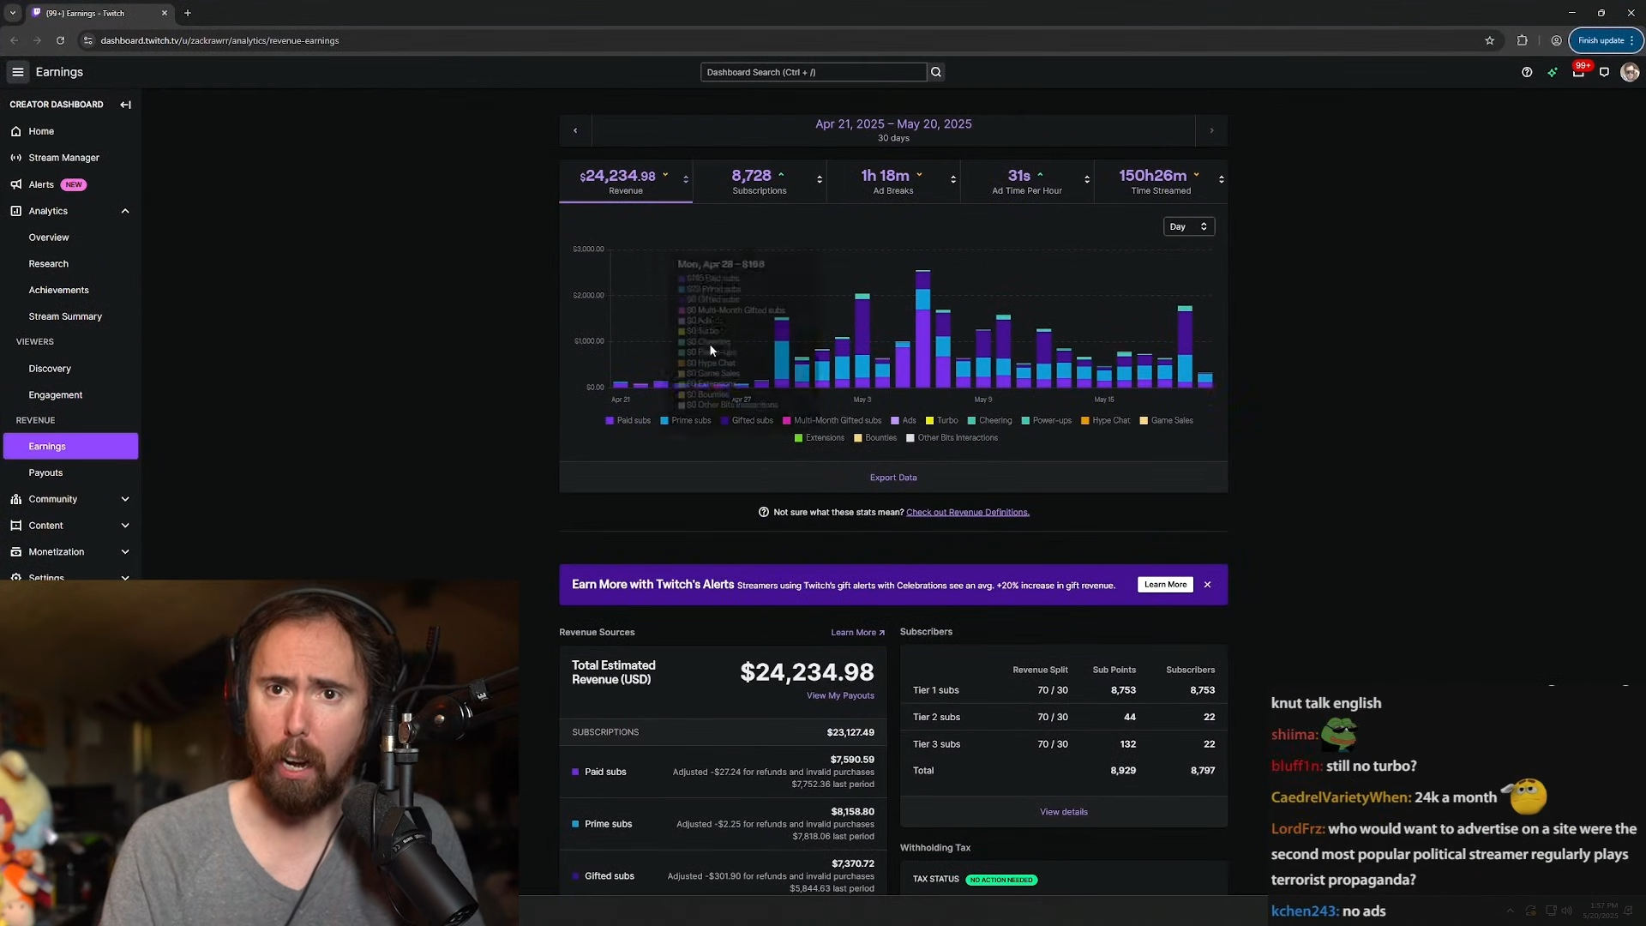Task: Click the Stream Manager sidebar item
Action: pos(63,158)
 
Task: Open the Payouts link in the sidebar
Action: pos(45,472)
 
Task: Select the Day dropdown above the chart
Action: pos(1188,226)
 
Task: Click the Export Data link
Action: pos(892,478)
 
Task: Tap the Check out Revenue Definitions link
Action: pos(967,513)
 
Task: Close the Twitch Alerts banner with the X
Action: pos(1207,585)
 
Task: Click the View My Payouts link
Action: pos(839,695)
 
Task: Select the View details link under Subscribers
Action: pos(1063,812)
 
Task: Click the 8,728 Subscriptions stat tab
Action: pos(759,181)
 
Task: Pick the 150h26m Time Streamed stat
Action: pos(1160,181)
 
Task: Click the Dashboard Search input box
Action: pos(812,72)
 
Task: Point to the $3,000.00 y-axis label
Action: pos(588,250)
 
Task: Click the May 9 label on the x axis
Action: pos(982,400)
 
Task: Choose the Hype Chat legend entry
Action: pos(1110,421)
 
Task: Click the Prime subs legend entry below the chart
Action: pos(690,421)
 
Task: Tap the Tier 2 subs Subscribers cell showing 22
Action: pos(1208,717)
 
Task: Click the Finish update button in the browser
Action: pos(1601,40)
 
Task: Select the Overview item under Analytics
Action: pos(49,238)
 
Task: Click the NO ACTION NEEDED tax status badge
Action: pos(1000,880)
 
